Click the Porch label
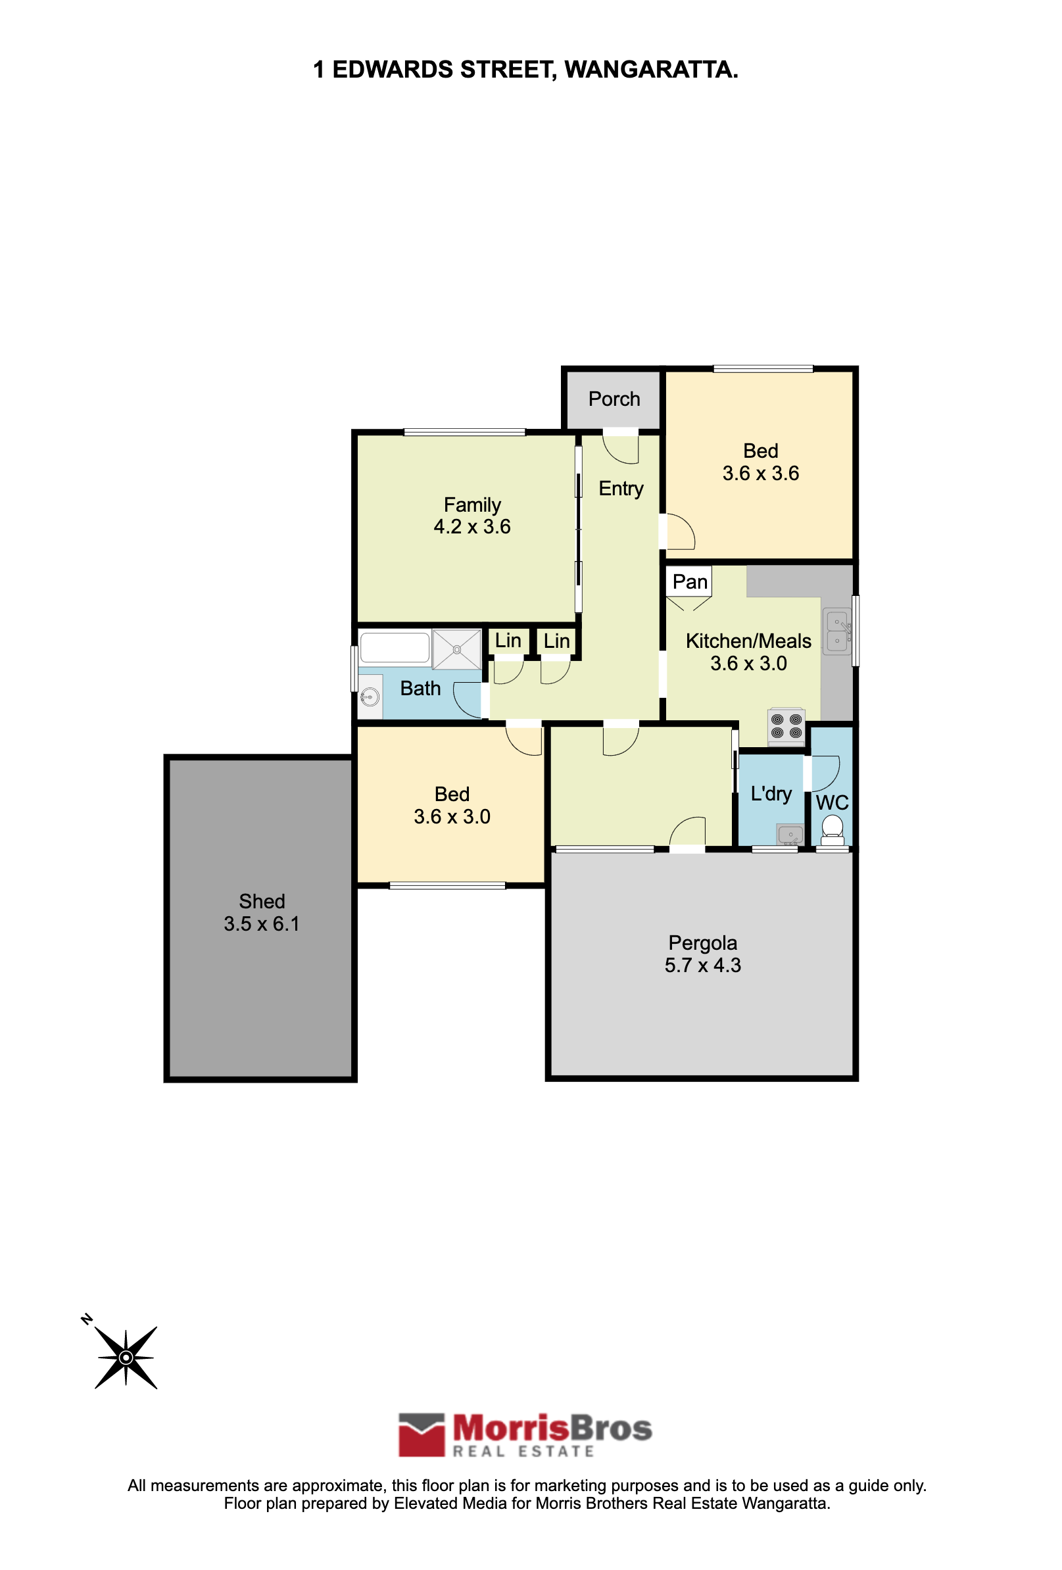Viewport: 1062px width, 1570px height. pyautogui.click(x=614, y=399)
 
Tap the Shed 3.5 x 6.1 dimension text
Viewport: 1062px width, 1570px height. pyautogui.click(x=262, y=923)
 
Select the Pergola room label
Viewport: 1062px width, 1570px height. pyautogui.click(x=702, y=943)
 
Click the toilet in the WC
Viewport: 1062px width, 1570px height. pyautogui.click(x=833, y=828)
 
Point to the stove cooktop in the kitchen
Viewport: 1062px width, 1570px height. pyautogui.click(x=786, y=726)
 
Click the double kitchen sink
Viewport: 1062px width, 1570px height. pyautogui.click(x=837, y=631)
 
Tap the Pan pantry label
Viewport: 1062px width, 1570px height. pyautogui.click(x=690, y=581)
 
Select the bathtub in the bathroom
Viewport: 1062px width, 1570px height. pyautogui.click(x=395, y=647)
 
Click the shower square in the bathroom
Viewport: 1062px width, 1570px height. pyautogui.click(x=456, y=649)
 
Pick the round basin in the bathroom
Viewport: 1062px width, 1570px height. pyautogui.click(x=370, y=697)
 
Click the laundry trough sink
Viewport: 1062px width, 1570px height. pyautogui.click(x=790, y=835)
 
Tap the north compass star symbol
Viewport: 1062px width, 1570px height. pyautogui.click(x=126, y=1358)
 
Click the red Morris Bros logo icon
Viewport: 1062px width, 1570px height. pyautogui.click(x=422, y=1435)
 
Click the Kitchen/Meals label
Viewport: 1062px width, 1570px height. pyautogui.click(x=748, y=641)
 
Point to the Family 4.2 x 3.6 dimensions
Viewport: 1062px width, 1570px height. pyautogui.click(x=472, y=527)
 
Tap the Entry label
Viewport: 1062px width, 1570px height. pyautogui.click(x=621, y=489)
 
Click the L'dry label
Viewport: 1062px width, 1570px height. pyautogui.click(x=771, y=793)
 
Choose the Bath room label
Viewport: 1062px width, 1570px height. pyautogui.click(x=420, y=689)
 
